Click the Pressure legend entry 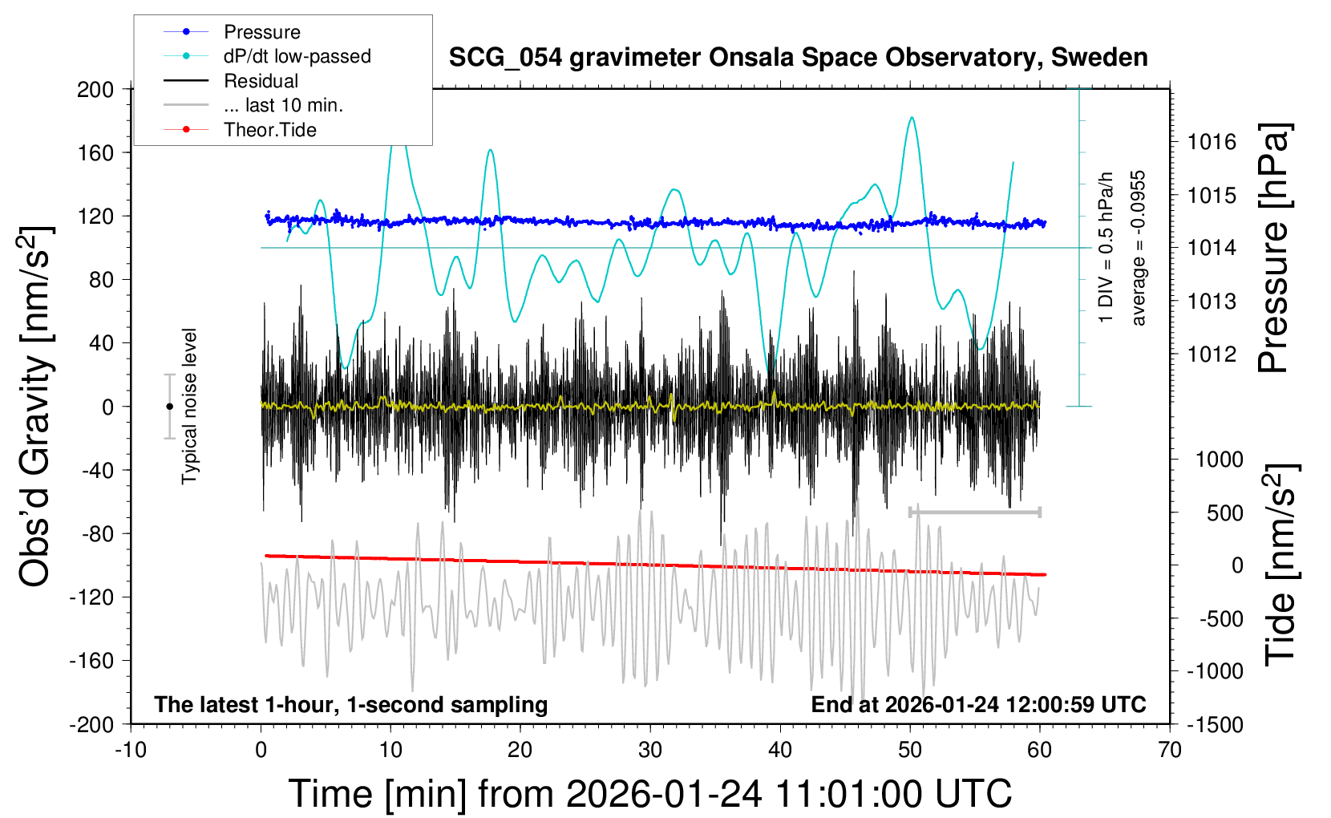[261, 32]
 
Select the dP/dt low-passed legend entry [297, 56]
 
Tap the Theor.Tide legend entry [269, 130]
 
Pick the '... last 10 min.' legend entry [283, 105]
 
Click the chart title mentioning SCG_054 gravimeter [798, 58]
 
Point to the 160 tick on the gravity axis [96, 152]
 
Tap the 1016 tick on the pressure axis [1212, 142]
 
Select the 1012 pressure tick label [1212, 354]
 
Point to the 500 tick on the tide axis [1224, 512]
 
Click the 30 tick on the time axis [650, 750]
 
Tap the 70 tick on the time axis [1170, 750]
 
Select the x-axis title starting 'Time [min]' [650, 794]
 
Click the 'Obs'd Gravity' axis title [36, 407]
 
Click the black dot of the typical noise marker [169, 407]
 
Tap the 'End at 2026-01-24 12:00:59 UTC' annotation [978, 704]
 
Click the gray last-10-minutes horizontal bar [974, 512]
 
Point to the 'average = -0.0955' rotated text [1138, 248]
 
